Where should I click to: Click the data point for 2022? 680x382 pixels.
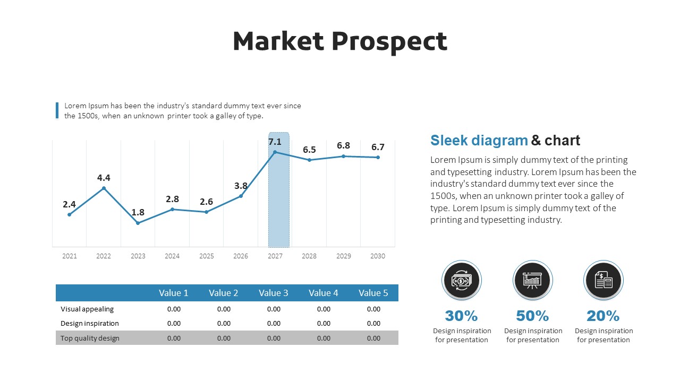coord(104,188)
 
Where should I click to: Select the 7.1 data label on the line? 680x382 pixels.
coord(275,142)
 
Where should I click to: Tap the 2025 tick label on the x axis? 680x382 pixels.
coord(207,256)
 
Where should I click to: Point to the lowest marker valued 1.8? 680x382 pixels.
coord(138,223)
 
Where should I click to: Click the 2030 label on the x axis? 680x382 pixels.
coord(378,256)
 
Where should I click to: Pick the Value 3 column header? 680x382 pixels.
coord(274,293)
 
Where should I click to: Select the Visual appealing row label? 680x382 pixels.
coord(87,309)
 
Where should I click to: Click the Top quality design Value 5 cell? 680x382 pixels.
coord(373,338)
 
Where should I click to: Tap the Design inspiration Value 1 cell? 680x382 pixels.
coord(174,323)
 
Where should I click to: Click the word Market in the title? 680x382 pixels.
coord(278,41)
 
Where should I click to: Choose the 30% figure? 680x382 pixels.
coord(461,316)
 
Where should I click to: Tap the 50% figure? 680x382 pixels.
coord(532,316)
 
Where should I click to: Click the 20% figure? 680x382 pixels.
coord(603,316)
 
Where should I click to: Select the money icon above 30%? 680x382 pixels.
coord(461,280)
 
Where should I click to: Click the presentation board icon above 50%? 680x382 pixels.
coord(532,280)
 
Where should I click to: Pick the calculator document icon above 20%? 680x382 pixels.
coord(603,280)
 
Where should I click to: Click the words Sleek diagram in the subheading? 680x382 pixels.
coord(479,141)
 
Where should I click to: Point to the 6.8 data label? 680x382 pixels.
coord(343,145)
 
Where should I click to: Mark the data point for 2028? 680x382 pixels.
coord(309,160)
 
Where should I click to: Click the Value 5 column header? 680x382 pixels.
coord(373,293)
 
